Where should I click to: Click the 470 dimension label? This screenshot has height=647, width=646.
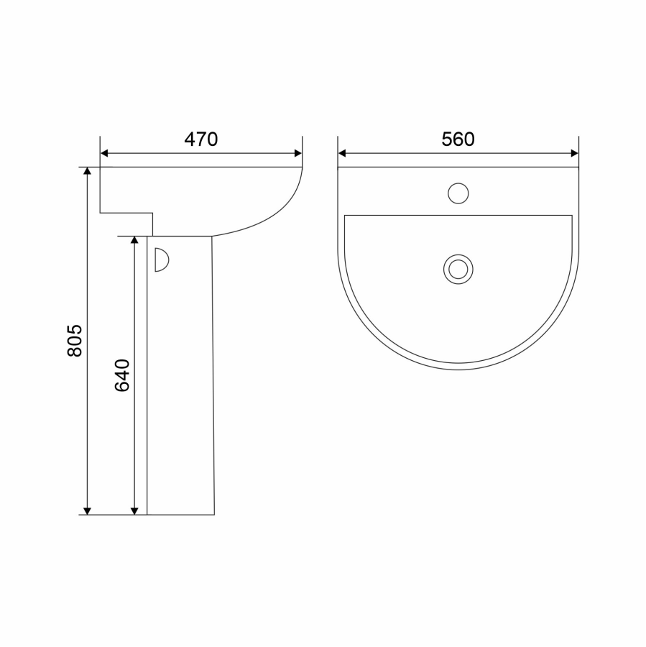click(x=201, y=139)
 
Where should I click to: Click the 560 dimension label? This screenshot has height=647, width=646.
click(x=458, y=139)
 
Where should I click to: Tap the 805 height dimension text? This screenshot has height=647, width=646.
click(x=75, y=341)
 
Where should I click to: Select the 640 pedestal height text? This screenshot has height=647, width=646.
click(x=122, y=375)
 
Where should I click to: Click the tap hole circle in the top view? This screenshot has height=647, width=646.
click(x=458, y=193)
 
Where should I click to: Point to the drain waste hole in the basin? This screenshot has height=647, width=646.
click(x=458, y=269)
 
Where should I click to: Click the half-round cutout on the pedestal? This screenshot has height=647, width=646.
click(x=162, y=260)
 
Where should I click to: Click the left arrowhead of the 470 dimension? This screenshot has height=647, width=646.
click(x=104, y=154)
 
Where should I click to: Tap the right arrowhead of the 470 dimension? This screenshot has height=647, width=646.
click(x=298, y=154)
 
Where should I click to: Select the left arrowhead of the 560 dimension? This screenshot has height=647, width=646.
click(x=342, y=154)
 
